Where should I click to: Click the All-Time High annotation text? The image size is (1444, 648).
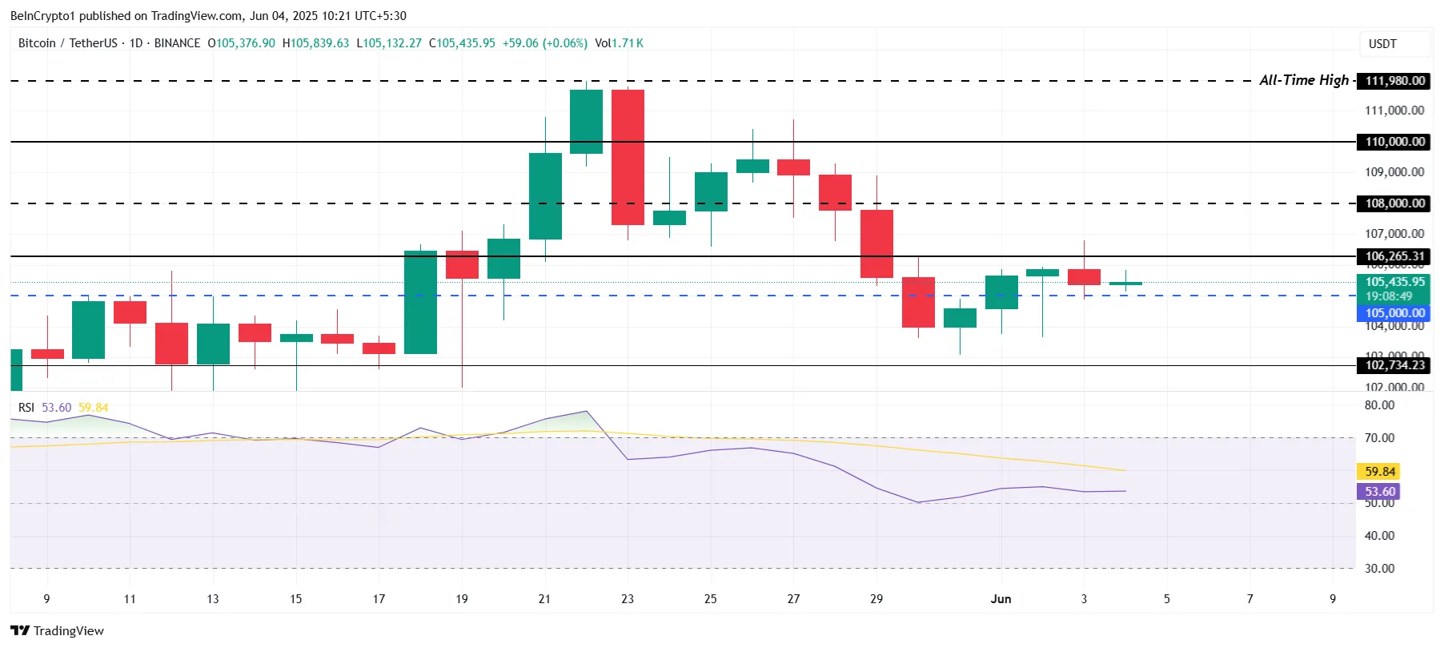pos(1304,80)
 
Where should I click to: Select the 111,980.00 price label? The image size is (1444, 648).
pos(1394,81)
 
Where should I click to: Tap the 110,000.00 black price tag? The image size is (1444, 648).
pos(1394,142)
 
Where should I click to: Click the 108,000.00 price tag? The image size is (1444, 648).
pos(1394,203)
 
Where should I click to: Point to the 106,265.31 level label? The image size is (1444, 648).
pos(1394,256)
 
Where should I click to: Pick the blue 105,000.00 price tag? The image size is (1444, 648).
pos(1394,313)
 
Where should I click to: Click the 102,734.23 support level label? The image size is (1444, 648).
pos(1394,365)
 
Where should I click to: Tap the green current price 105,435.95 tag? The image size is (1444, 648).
pos(1394,282)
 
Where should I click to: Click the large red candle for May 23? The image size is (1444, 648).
pos(628,157)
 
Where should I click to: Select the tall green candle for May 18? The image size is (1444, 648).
pos(420,302)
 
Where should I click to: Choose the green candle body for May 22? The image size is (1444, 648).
pos(586,121)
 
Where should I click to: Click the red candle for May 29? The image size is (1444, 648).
pos(876,244)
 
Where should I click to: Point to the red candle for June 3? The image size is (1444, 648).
pos(1084,276)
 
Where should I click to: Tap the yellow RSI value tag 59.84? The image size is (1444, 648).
pos(1379,472)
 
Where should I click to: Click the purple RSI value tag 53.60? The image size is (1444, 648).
pos(1379,492)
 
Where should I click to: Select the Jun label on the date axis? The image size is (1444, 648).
pos(1001,599)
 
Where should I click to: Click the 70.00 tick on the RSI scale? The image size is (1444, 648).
pos(1379,438)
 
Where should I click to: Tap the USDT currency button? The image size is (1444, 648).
pos(1382,44)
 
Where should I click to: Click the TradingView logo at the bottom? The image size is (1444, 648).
pos(57,630)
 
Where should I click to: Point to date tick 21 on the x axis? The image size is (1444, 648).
pos(544,599)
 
